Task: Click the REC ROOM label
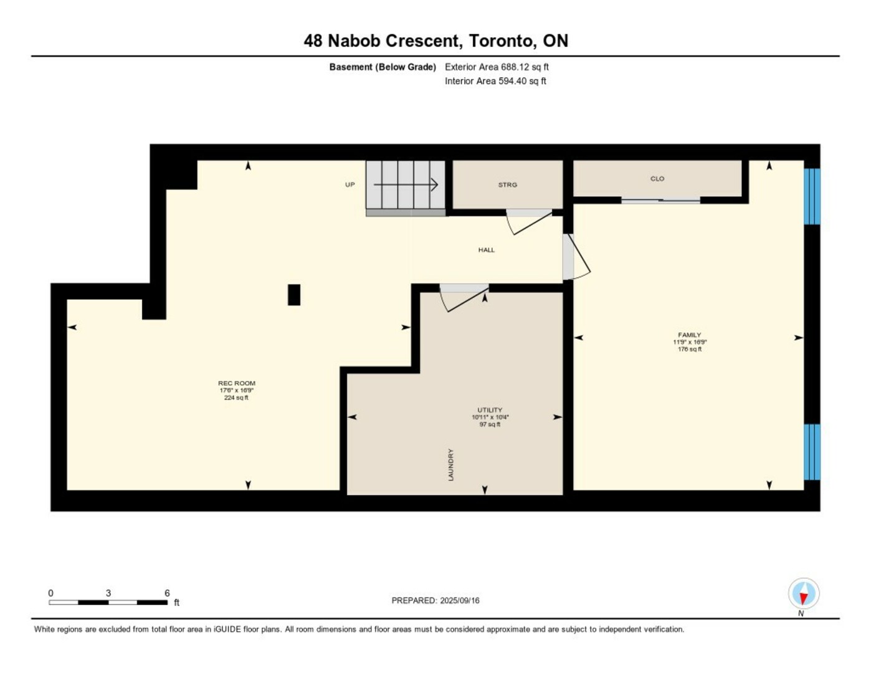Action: [237, 383]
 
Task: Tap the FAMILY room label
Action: [690, 335]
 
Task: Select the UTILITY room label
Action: [490, 409]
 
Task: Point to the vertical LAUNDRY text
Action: [451, 465]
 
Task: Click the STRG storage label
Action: [507, 185]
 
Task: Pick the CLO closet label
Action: [657, 179]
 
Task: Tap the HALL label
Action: [486, 250]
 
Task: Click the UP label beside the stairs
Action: [350, 185]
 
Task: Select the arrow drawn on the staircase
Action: [406, 185]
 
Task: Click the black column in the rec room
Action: [294, 295]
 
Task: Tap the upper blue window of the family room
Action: [812, 196]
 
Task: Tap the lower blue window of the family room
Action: [812, 452]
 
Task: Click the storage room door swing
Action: [530, 222]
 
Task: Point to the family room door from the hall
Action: [576, 257]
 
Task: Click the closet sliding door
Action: [660, 201]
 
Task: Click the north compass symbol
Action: [804, 594]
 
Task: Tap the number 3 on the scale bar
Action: [108, 593]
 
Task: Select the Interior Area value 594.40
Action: [513, 81]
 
